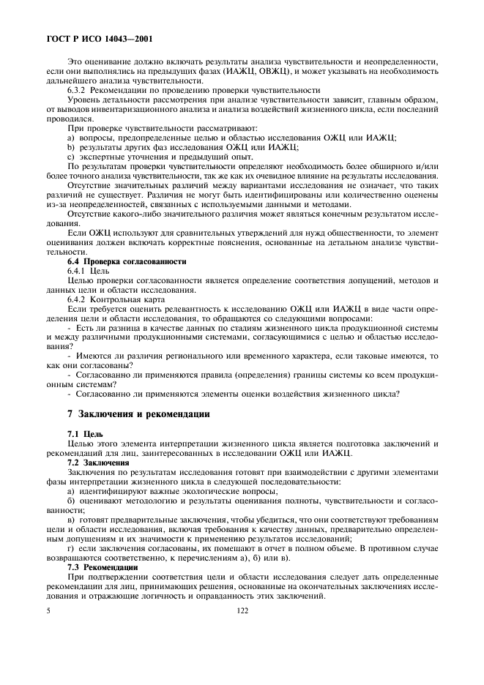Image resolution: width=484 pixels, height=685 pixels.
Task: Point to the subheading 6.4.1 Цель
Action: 88,271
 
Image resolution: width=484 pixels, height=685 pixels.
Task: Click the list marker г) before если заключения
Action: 71,548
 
